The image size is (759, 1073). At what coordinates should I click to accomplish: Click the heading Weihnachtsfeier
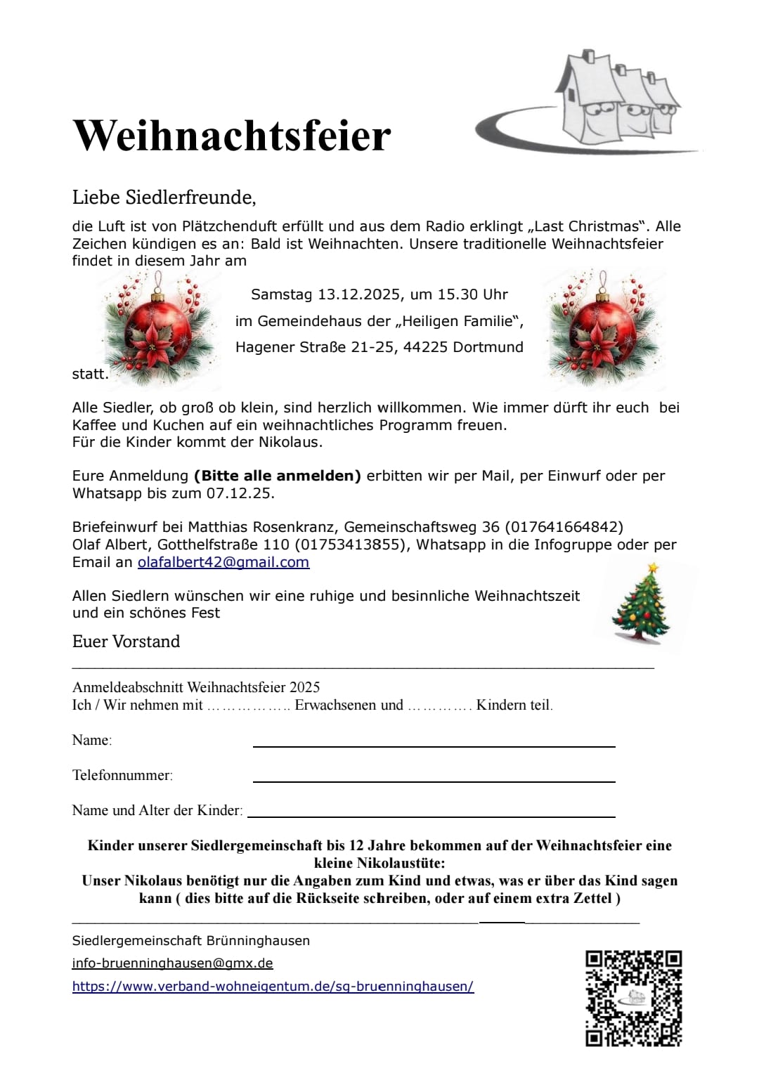232,135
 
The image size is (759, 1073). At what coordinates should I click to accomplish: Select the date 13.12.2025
360,294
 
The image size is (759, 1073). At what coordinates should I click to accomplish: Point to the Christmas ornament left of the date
159,327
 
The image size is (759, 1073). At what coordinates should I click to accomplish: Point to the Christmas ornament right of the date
602,327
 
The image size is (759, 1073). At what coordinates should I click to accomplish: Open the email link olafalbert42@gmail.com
223,562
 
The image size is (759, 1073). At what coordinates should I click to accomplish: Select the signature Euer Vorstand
126,642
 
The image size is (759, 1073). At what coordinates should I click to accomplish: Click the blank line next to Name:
434,744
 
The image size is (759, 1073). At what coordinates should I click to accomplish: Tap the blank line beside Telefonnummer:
434,779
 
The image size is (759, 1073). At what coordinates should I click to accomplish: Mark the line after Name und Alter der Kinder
432,814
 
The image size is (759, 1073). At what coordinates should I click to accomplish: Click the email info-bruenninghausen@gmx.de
173,963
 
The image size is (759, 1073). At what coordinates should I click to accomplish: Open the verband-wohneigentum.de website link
273,987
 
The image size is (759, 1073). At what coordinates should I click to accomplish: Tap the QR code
634,999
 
